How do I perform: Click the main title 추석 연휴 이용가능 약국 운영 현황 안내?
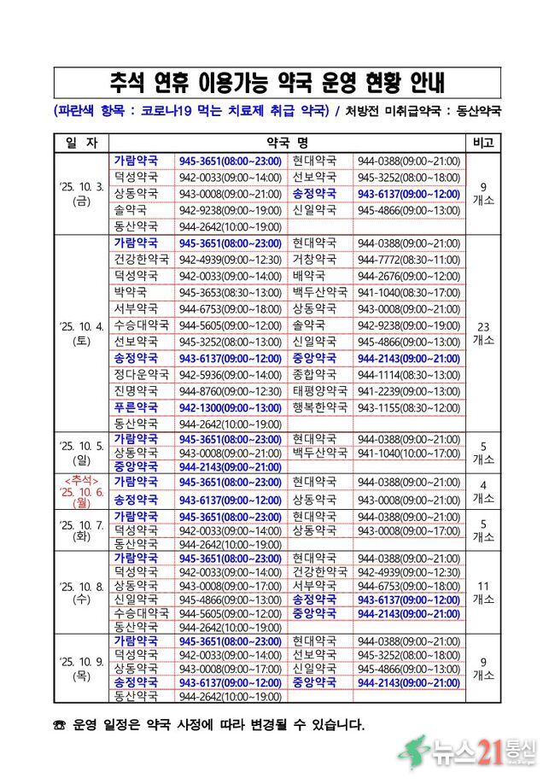point(277,83)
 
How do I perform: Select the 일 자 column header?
point(82,142)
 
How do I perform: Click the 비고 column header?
point(482,142)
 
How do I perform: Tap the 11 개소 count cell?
point(482,592)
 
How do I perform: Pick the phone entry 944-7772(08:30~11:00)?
point(408,259)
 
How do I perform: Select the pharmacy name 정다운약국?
point(141,374)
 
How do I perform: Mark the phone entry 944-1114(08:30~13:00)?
point(408,374)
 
